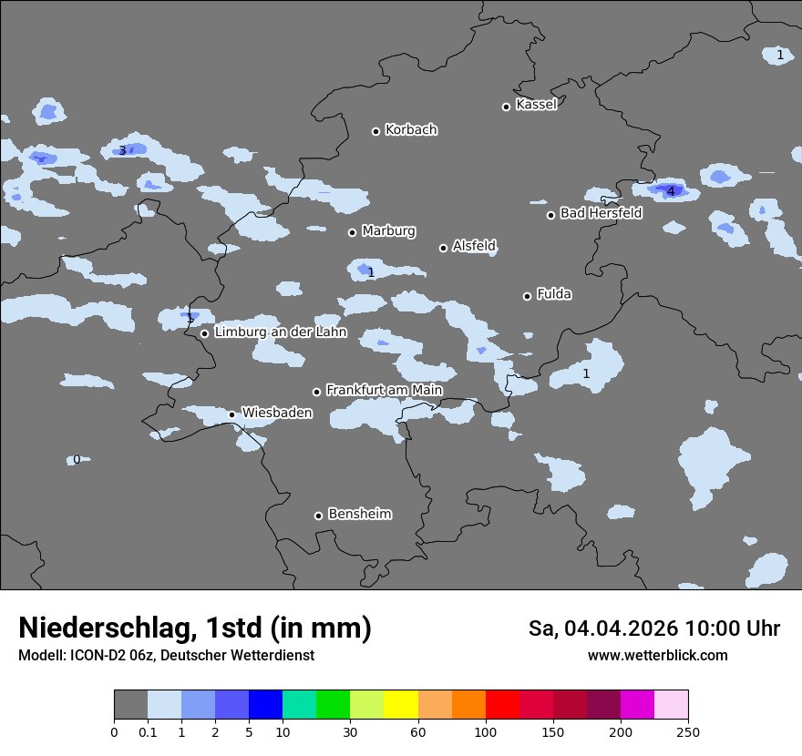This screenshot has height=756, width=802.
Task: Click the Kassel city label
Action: (536, 105)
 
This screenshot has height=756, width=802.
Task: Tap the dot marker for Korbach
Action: (375, 131)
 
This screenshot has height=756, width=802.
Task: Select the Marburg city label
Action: (388, 230)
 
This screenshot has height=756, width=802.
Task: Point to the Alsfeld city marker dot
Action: (443, 248)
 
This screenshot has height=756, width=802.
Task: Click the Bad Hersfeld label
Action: (601, 213)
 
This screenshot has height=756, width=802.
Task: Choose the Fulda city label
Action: (554, 293)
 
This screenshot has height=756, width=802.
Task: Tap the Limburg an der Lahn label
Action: (280, 332)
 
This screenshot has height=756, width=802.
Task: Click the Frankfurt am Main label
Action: (384, 390)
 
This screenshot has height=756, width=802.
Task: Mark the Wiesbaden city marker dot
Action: (231, 414)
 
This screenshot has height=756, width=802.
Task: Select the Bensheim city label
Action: (359, 514)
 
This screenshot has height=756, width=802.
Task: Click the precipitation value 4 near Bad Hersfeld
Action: (671, 191)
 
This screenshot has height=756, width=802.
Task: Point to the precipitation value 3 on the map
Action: (122, 150)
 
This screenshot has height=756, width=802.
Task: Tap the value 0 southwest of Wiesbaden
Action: (77, 459)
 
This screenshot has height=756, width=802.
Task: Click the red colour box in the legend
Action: (502, 705)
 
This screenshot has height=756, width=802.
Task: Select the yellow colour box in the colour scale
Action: (401, 705)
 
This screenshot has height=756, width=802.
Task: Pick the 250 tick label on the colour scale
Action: (688, 731)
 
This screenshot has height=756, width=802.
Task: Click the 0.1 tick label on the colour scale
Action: (148, 731)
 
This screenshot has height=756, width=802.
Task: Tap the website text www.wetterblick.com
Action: (657, 655)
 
